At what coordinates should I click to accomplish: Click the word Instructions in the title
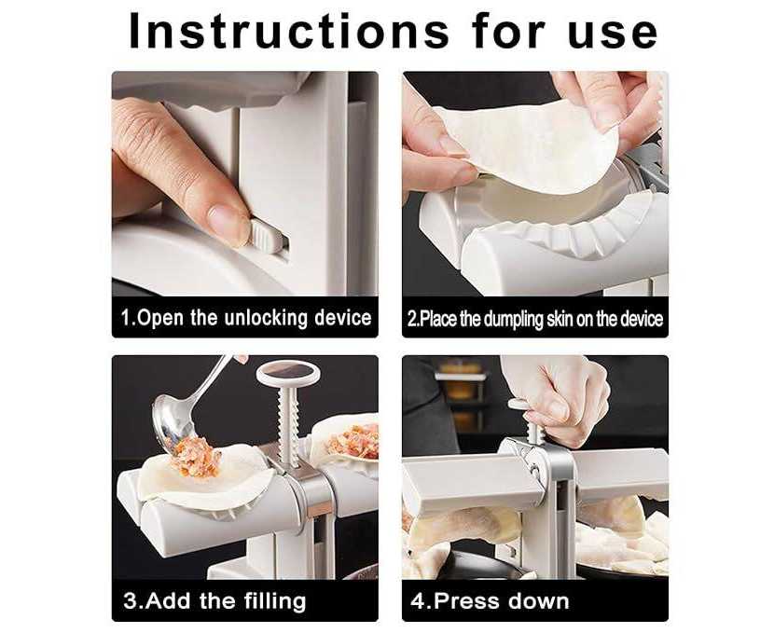(288, 32)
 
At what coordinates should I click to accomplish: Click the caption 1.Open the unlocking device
(246, 318)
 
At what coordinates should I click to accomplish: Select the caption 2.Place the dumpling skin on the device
(535, 319)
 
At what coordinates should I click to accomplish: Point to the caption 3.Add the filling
(214, 601)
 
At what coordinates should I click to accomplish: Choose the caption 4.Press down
(490, 601)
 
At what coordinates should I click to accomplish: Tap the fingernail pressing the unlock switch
(228, 223)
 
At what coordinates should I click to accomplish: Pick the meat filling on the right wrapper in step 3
(354, 440)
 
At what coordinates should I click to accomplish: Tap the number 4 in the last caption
(417, 601)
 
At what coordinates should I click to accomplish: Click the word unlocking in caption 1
(266, 318)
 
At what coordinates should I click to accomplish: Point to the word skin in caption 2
(559, 319)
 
